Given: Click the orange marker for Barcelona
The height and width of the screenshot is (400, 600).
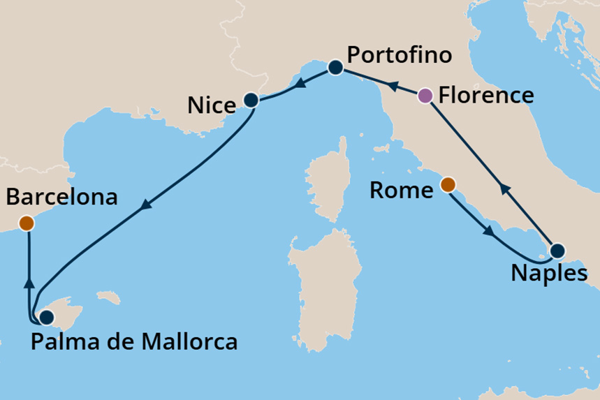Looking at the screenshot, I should pos(27,223).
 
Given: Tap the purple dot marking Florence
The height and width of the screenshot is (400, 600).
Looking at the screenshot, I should pos(425,96).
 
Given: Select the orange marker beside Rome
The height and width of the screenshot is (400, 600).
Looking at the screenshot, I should pos(448,185).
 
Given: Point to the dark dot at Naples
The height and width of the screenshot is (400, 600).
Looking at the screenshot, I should pos(557,251).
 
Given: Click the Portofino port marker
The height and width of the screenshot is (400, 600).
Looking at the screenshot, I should pos(335,68).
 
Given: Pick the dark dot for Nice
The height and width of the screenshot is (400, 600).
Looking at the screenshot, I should pos(251,101).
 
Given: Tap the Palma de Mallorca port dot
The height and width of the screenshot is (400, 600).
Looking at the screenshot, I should pos(46,318).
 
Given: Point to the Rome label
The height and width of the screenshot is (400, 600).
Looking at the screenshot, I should pos(401,190).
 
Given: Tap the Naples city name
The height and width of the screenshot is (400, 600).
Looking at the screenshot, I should pos(548,274).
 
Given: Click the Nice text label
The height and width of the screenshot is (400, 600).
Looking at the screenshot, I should pos(212,107).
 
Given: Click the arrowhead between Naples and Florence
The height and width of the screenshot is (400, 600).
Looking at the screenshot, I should pos(502,188).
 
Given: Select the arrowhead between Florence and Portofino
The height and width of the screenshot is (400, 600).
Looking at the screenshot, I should pos(393,86).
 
